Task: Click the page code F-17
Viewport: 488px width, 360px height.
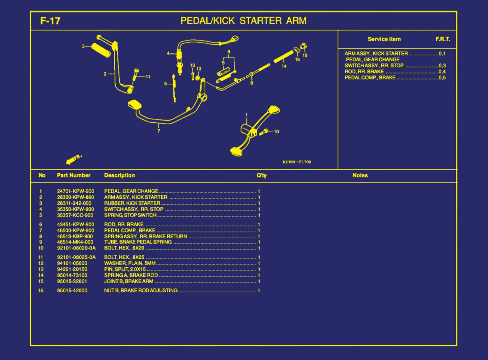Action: (x=50, y=21)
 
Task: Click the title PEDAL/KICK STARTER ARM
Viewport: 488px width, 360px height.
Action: (x=243, y=21)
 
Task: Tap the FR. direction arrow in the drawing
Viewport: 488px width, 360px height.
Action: (x=74, y=159)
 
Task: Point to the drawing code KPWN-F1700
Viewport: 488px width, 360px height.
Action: (x=297, y=162)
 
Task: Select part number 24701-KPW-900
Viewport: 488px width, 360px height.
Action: (x=75, y=191)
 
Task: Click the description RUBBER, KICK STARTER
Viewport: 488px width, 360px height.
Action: (x=132, y=203)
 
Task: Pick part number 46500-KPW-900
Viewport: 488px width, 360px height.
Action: (x=75, y=230)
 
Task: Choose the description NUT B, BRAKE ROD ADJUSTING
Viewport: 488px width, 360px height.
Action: (x=141, y=290)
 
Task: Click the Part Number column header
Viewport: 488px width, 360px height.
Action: (x=73, y=175)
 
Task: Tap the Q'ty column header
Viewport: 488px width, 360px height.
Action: (x=261, y=175)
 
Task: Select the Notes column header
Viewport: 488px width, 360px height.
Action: (x=360, y=175)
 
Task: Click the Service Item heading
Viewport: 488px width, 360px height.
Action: (x=384, y=39)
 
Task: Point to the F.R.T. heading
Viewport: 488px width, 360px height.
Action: (x=443, y=39)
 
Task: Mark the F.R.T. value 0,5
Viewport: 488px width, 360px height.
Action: (x=442, y=78)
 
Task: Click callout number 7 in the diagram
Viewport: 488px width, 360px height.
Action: (x=159, y=131)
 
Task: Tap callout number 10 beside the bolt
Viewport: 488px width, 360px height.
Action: (x=276, y=131)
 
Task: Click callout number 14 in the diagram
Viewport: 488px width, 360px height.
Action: (x=284, y=66)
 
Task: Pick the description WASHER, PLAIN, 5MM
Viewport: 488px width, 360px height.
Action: (x=130, y=263)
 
